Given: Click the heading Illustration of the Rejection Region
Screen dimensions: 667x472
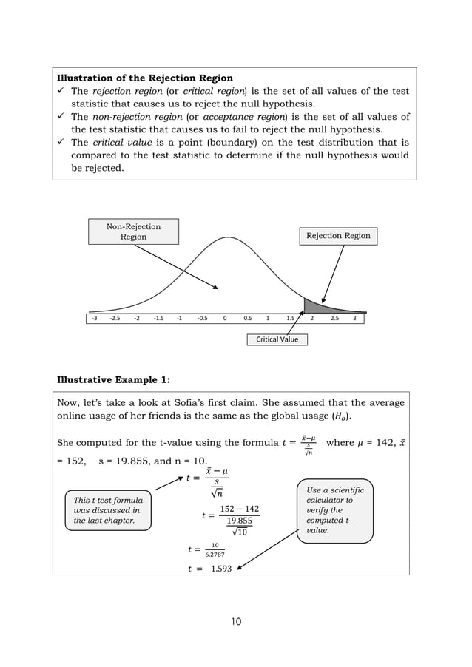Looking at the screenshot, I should [145, 78].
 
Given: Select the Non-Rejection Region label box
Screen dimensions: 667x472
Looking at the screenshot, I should [133, 231].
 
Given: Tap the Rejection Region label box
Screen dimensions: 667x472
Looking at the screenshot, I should [338, 236].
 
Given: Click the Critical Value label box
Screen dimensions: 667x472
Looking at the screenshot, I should [277, 339].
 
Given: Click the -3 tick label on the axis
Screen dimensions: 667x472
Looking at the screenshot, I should [94, 319].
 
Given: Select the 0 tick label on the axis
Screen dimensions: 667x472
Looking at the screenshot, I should [224, 319].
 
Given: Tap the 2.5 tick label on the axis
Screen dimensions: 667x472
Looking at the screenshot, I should [334, 319].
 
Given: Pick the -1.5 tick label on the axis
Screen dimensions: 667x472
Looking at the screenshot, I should [159, 319].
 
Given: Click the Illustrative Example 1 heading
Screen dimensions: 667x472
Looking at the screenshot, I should [113, 380].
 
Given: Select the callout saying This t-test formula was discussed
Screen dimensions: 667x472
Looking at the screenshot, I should [108, 510].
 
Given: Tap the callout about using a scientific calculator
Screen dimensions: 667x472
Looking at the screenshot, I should [335, 510].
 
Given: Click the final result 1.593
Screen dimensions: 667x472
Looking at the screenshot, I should [220, 569].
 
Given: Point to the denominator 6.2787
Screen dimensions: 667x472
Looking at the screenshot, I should [215, 555].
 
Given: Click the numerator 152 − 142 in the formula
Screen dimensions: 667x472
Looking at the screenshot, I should [240, 509].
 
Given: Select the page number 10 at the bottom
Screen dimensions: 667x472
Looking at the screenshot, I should [235, 621].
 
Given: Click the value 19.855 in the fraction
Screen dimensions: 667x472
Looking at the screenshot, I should [240, 521].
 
